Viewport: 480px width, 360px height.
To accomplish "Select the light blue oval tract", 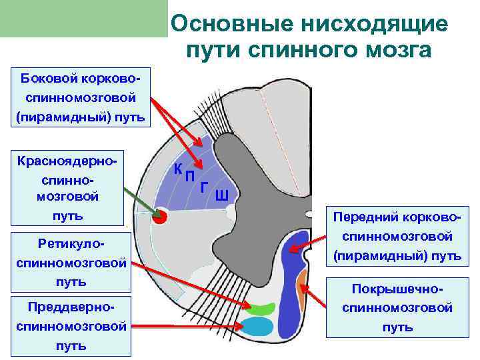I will [258, 327].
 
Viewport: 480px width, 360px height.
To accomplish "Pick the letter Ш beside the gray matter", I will [222, 195].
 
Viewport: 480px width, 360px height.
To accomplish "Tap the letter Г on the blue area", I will [204, 187].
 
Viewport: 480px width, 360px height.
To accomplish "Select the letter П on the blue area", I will [189, 176].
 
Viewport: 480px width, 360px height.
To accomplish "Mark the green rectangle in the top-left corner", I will [83, 19].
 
